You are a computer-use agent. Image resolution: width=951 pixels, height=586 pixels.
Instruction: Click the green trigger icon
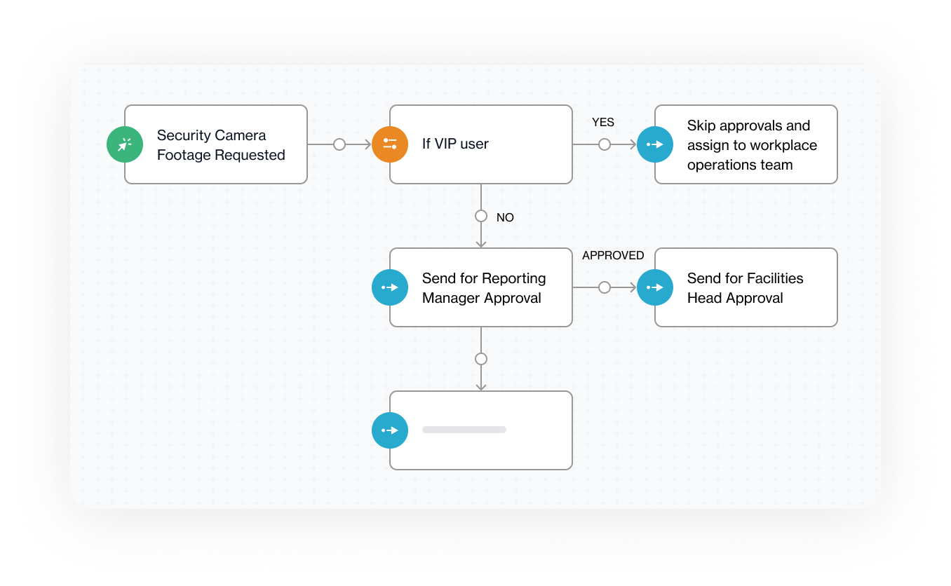pyautogui.click(x=125, y=144)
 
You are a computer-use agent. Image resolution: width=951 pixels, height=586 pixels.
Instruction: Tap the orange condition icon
pyautogui.click(x=390, y=144)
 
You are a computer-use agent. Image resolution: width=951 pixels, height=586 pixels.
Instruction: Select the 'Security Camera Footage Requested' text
pyautogui.click(x=221, y=145)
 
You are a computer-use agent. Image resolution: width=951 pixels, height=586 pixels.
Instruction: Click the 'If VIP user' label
pyautogui.click(x=455, y=144)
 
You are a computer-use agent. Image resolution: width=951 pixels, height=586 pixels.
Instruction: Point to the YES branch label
pyautogui.click(x=602, y=123)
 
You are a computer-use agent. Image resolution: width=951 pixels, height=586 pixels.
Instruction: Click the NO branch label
pyautogui.click(x=505, y=218)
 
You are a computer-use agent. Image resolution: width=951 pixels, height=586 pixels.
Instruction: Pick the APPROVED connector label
pyautogui.click(x=613, y=256)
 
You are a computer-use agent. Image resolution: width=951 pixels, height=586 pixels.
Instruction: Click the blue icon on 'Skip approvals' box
pyautogui.click(x=655, y=144)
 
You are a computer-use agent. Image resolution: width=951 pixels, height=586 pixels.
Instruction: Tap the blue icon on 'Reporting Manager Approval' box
pyautogui.click(x=390, y=287)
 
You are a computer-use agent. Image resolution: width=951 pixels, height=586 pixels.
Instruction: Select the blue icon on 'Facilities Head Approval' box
pyautogui.click(x=655, y=287)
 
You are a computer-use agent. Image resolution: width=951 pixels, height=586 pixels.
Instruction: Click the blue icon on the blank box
pyautogui.click(x=390, y=430)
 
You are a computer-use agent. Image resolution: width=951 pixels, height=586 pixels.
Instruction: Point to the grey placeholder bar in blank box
pyautogui.click(x=464, y=430)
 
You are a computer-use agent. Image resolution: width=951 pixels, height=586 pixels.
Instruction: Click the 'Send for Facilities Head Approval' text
pyautogui.click(x=745, y=288)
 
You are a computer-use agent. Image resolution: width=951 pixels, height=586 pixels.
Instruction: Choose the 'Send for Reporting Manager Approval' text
pyautogui.click(x=483, y=288)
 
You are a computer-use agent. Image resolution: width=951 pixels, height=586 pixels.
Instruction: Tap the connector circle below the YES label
pyautogui.click(x=605, y=144)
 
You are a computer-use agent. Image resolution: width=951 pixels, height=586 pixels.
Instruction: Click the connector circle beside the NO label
pyautogui.click(x=481, y=216)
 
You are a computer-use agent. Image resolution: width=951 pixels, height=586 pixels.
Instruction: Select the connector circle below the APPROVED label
pyautogui.click(x=605, y=287)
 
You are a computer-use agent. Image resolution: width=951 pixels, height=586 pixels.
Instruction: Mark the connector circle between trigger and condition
pyautogui.click(x=339, y=144)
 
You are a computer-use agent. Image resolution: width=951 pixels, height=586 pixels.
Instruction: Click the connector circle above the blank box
pyautogui.click(x=481, y=359)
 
